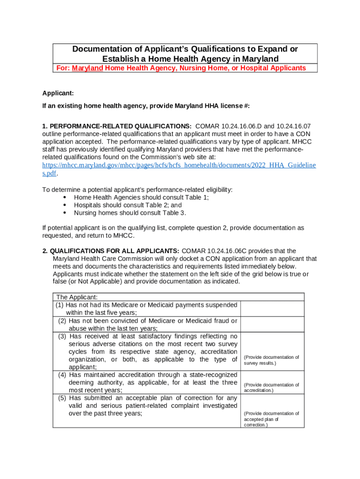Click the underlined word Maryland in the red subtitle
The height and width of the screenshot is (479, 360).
(87, 68)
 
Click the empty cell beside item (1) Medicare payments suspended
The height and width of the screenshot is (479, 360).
(272, 309)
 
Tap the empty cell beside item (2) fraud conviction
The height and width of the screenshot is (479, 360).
(272, 325)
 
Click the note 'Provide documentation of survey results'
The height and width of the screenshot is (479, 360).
(271, 360)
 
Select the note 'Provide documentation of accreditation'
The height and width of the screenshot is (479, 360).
(271, 387)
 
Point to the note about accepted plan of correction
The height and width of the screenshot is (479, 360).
(271, 419)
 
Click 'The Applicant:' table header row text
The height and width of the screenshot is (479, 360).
(77, 297)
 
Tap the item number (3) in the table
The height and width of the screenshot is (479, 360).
(63, 336)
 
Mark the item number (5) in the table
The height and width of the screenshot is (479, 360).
(63, 398)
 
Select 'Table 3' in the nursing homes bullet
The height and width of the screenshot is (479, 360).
(174, 213)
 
